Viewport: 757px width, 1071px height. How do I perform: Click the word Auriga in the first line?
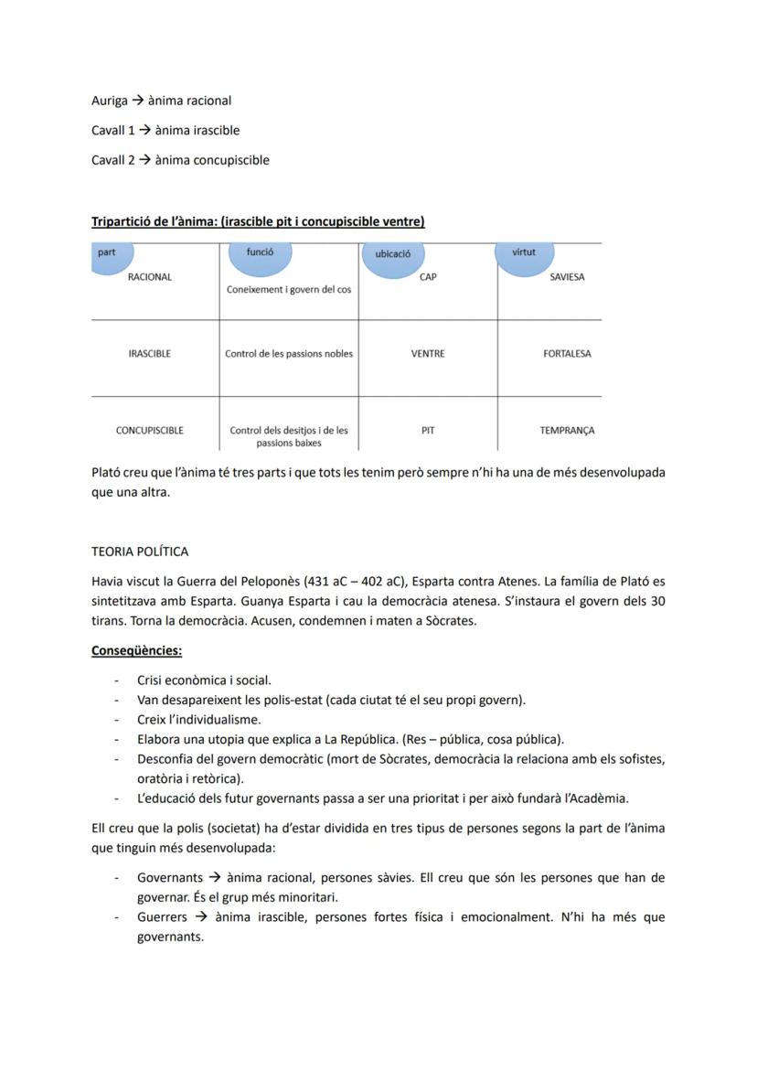110,101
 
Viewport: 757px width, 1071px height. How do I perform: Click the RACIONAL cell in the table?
150,277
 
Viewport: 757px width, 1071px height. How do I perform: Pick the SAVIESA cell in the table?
567,277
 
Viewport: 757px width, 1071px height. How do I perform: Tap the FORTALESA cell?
567,354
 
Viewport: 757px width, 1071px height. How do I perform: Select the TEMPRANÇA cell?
567,430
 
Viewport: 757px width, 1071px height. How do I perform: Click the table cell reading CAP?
428,277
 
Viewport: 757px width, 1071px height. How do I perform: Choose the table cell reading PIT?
428,429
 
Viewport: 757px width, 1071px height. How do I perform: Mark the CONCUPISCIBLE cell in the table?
150,430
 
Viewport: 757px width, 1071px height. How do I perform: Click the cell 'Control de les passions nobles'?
289,354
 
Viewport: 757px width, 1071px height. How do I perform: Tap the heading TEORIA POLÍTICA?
140,552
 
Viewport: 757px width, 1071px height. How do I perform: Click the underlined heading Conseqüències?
136,651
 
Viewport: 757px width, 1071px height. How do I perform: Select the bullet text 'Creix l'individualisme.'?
198,720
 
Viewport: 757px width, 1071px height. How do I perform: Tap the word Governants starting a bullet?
170,878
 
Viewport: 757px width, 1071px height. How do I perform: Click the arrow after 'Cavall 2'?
144,160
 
